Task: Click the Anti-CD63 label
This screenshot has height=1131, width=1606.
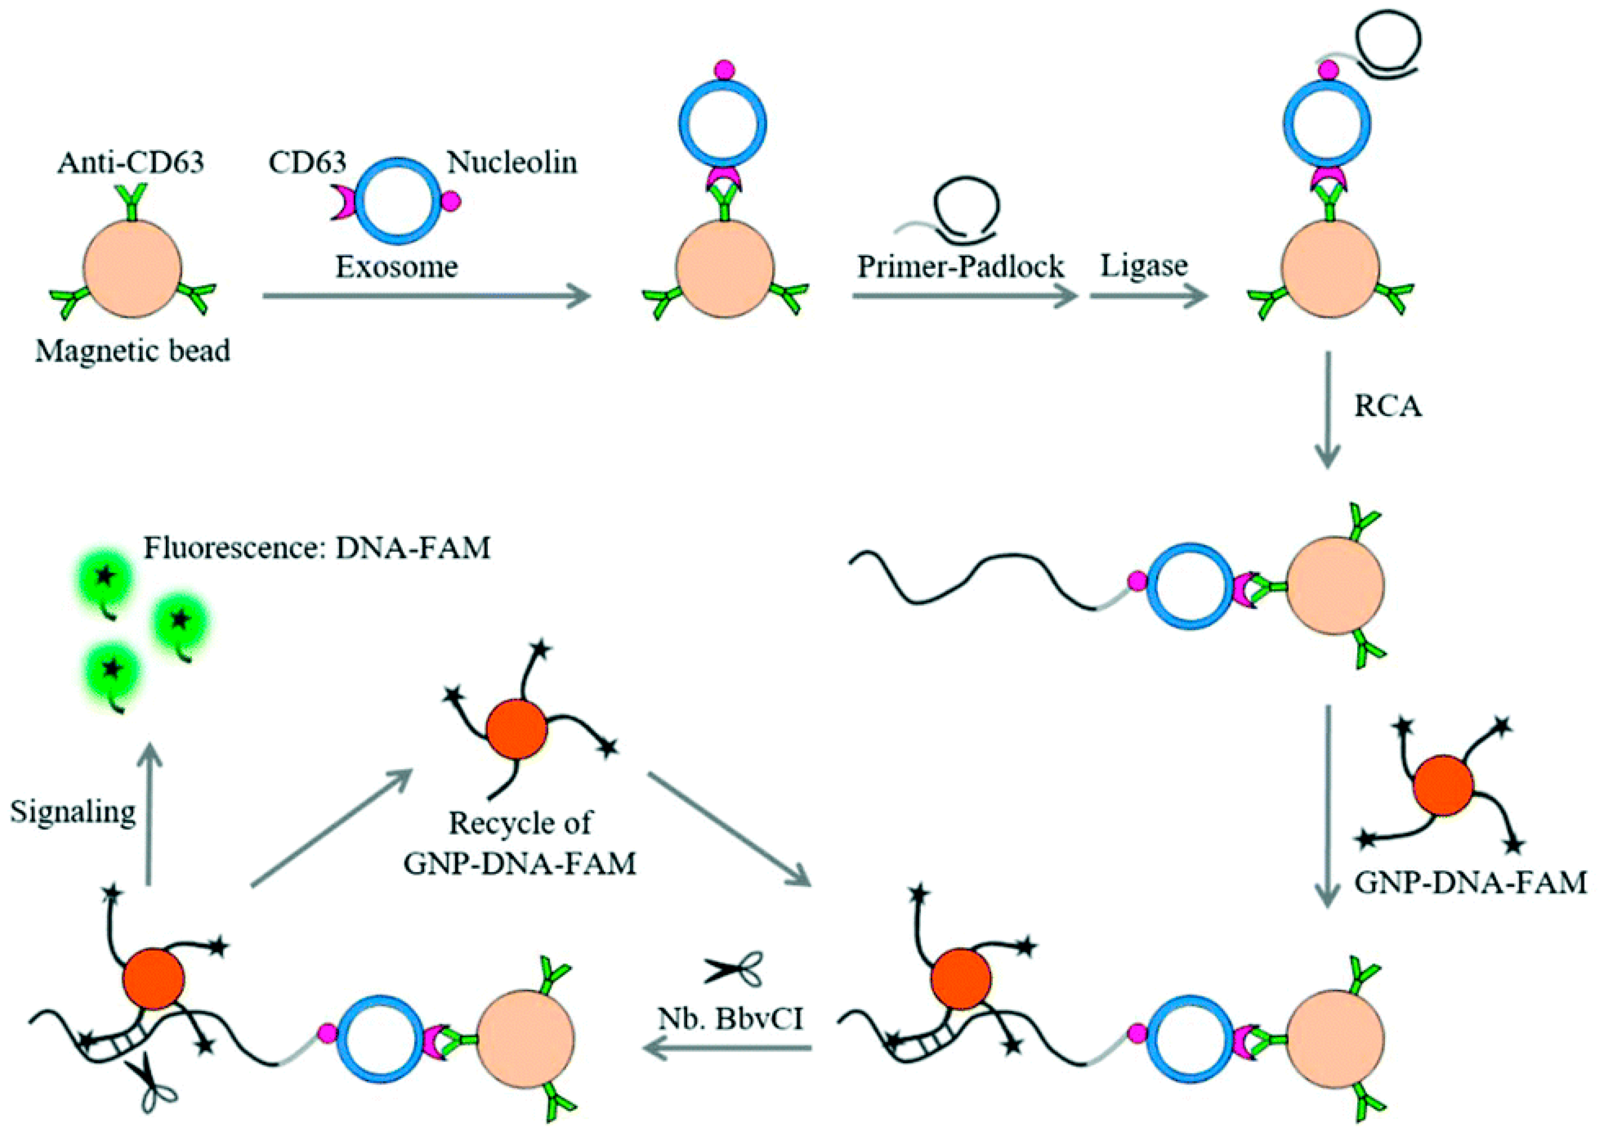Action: point(131,162)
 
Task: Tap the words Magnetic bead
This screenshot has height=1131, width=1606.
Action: point(133,350)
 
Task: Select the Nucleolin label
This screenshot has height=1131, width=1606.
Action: point(512,162)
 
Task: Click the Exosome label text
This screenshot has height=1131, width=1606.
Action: point(397,266)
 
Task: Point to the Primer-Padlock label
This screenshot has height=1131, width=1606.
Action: point(960,266)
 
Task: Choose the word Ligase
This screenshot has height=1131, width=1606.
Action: point(1144,266)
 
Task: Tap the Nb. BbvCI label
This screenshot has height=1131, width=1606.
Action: point(731,1018)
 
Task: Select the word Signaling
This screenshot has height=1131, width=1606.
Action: point(73,812)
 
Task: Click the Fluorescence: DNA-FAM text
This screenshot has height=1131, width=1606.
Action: point(317,548)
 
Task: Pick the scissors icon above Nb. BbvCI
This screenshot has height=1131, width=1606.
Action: point(733,970)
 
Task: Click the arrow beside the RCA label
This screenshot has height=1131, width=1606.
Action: point(1327,409)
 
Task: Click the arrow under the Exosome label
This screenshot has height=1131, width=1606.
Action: point(426,296)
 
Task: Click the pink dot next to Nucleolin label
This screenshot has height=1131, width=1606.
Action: point(451,201)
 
